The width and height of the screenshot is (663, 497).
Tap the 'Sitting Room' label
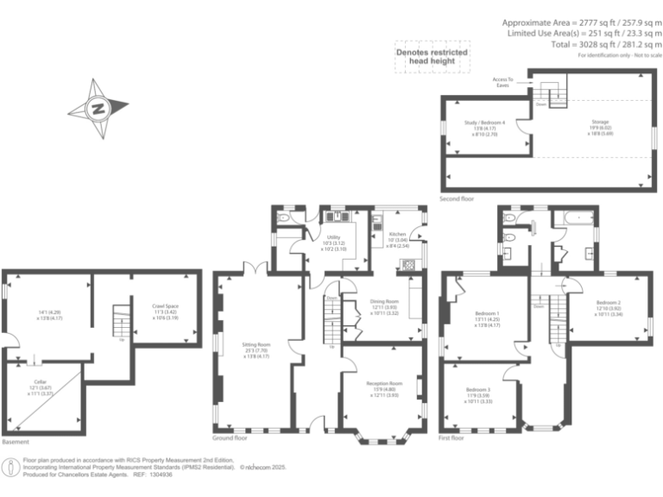click(x=256, y=344)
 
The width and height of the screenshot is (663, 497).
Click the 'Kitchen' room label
click(x=397, y=234)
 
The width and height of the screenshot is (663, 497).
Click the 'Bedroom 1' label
click(x=488, y=312)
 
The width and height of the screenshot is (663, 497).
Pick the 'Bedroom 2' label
click(x=608, y=302)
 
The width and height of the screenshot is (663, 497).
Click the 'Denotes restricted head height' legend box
click(x=432, y=57)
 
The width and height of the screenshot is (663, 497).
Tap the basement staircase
click(x=121, y=323)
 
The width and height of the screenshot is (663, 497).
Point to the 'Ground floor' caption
click(x=231, y=438)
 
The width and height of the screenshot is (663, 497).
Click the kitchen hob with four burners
click(x=409, y=263)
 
